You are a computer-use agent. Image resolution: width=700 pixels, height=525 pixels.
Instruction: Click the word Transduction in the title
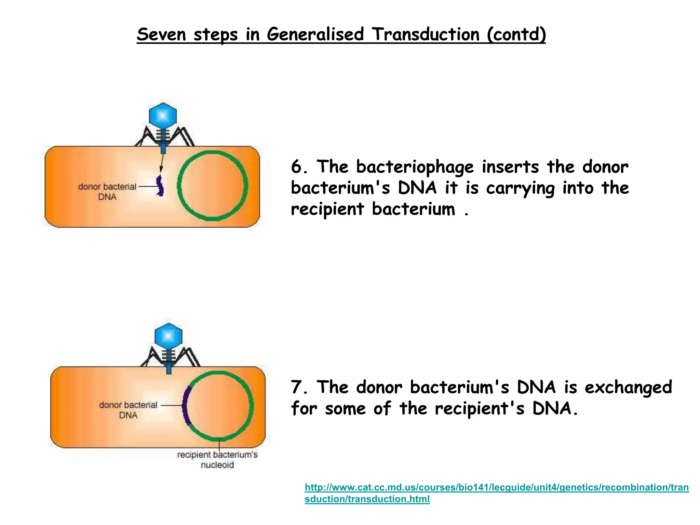coord(426,35)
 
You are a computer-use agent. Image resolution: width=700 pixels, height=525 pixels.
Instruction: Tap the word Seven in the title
coord(161,35)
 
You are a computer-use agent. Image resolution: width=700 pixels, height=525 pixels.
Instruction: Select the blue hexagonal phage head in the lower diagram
coord(169,337)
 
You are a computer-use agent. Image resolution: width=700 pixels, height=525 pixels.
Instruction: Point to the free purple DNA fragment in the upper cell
coord(160,186)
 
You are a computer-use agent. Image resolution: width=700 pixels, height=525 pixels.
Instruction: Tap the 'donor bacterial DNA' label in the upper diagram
coord(107,191)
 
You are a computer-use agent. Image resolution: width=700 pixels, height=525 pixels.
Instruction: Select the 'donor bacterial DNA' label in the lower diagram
coord(128,410)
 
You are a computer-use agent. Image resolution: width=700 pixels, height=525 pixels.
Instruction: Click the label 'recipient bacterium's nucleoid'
coord(217,459)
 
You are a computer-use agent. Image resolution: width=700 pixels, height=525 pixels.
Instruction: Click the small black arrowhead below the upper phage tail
coord(161,169)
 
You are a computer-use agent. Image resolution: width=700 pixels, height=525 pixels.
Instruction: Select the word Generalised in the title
coord(315,35)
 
